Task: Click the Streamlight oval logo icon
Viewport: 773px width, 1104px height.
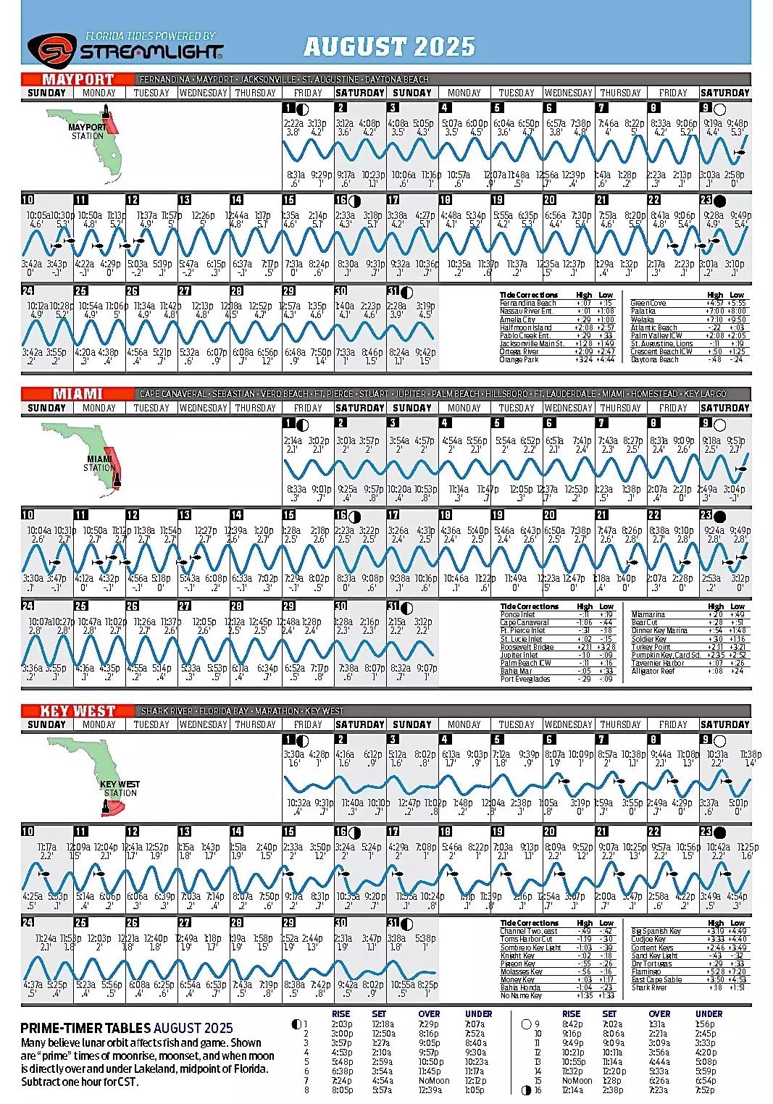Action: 51,49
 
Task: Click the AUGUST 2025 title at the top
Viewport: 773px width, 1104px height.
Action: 389,47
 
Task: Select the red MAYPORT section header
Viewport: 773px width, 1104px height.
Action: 78,79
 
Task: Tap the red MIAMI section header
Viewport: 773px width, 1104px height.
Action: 78,393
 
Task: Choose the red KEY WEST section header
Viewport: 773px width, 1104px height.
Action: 78,711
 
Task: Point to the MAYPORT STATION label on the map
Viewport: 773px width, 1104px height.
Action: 87,131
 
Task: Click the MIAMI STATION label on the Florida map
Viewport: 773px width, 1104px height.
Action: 99,463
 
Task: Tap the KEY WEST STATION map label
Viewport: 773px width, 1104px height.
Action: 120,788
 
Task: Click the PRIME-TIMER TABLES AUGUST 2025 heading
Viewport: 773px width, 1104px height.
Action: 127,1028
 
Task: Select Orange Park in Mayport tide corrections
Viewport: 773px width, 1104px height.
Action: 519,360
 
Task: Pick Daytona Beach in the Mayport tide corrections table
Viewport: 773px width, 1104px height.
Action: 654,360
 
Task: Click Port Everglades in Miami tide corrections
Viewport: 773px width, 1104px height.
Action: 525,679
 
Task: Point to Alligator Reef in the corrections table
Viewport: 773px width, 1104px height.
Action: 653,672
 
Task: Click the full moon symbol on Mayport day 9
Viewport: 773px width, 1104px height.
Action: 719,109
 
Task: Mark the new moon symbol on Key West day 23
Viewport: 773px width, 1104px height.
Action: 719,832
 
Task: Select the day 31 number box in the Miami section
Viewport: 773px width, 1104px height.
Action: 393,606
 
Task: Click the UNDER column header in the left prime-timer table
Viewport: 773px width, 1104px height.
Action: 478,1014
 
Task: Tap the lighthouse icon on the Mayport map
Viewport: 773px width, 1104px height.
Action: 106,114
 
